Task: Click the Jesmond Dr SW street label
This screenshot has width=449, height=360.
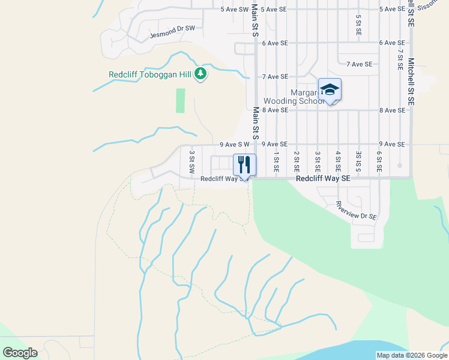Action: (x=172, y=28)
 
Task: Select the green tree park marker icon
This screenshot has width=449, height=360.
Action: (x=200, y=74)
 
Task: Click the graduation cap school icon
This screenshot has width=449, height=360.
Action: (x=329, y=89)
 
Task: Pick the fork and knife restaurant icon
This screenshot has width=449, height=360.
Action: (x=244, y=164)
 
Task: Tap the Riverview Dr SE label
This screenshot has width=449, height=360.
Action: (x=356, y=210)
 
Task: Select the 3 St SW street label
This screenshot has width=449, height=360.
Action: (x=192, y=162)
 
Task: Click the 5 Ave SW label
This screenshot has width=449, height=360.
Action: (x=234, y=9)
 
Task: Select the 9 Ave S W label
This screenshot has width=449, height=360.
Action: (x=234, y=145)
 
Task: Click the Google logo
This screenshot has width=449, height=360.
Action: (x=20, y=352)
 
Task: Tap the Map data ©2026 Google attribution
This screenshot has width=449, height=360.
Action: (x=411, y=355)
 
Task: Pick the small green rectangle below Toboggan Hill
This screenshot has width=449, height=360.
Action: (x=181, y=100)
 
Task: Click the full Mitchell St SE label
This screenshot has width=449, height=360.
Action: (x=411, y=82)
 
